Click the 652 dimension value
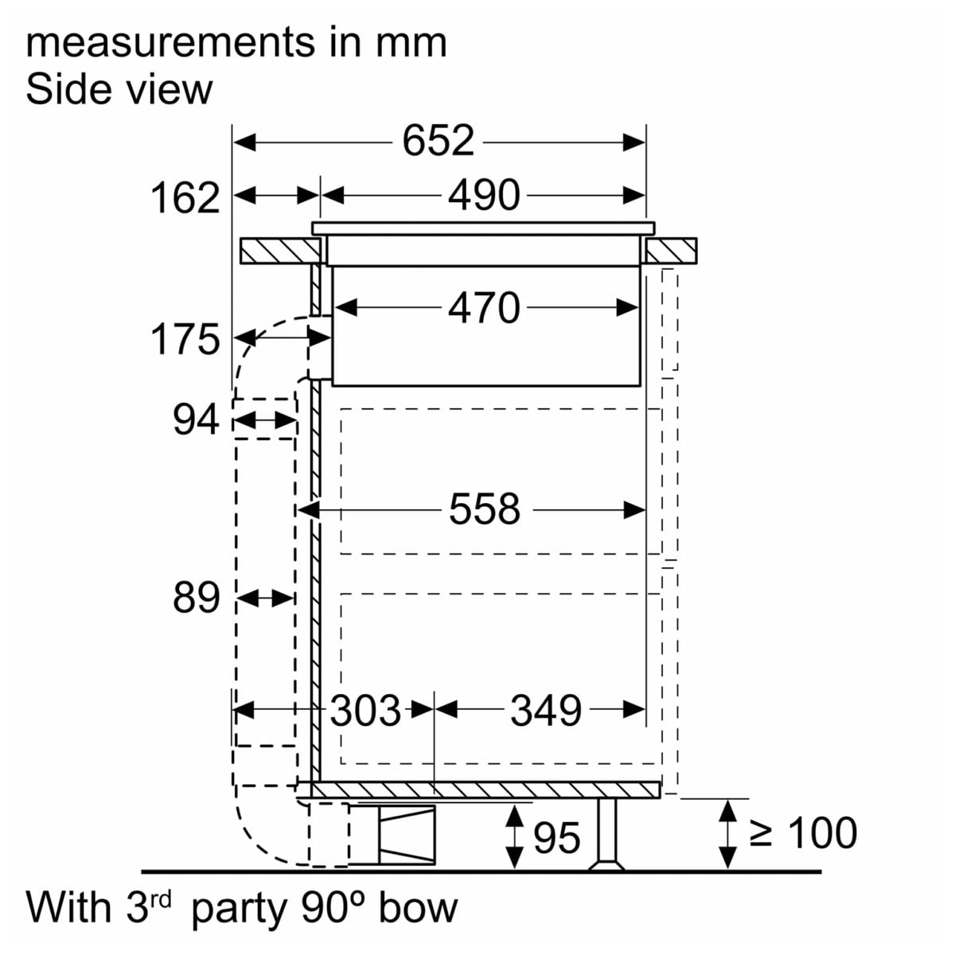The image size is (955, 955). coord(438,142)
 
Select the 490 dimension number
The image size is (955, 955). coord(484,195)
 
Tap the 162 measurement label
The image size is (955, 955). coord(185,198)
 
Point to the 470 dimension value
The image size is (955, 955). coord(484,308)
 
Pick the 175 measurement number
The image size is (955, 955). coord(185,339)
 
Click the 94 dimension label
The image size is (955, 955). coord(196,419)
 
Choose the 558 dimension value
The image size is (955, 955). coord(484,509)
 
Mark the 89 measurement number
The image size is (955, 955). coord(196,598)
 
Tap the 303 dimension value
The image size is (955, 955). coord(365,710)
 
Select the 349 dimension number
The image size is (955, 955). coord(546,710)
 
